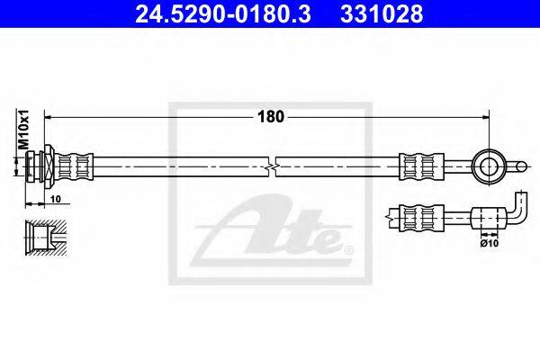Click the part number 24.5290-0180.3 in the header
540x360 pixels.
tap(223, 14)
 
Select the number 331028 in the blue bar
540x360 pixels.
tap(382, 14)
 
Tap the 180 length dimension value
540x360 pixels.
tap(271, 117)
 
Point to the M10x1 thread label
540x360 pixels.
tap(23, 130)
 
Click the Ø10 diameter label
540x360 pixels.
tap(490, 243)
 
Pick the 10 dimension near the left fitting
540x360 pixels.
tap(56, 199)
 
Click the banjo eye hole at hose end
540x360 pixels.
tap(489, 166)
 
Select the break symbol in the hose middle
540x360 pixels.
tap(272, 167)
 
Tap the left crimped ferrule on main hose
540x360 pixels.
tap(74, 166)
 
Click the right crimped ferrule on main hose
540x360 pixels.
tap(421, 166)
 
